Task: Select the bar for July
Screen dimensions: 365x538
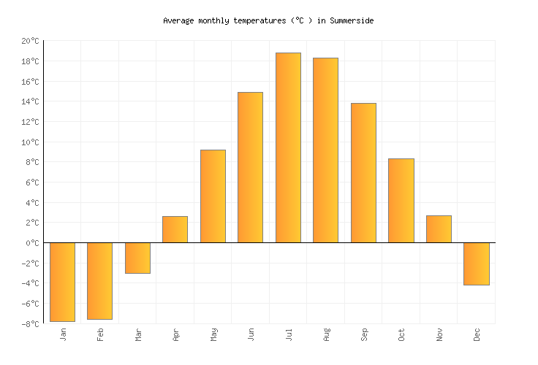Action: coord(288,147)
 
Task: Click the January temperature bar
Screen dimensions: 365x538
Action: coord(62,282)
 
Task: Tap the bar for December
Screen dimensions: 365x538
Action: coord(477,264)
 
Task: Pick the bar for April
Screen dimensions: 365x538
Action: coord(175,229)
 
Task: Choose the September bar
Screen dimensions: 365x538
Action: coord(363,173)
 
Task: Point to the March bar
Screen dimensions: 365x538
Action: coord(137,258)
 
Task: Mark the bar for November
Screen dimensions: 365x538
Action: coord(439,229)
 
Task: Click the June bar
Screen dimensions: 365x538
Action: coord(250,167)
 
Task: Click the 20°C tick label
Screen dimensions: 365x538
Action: coord(30,42)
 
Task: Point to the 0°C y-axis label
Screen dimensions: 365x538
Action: coord(32,243)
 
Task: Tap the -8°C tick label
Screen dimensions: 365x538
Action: coord(30,324)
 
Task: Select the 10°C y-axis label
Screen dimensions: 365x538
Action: coord(30,142)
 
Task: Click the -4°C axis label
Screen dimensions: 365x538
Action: coord(30,283)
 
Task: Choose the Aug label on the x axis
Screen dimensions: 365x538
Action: coord(326,335)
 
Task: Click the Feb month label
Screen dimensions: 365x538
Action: coord(100,335)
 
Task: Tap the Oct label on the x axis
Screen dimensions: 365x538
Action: coord(401,335)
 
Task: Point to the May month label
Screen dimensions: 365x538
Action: coord(213,335)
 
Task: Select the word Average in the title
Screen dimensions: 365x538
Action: coord(178,21)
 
